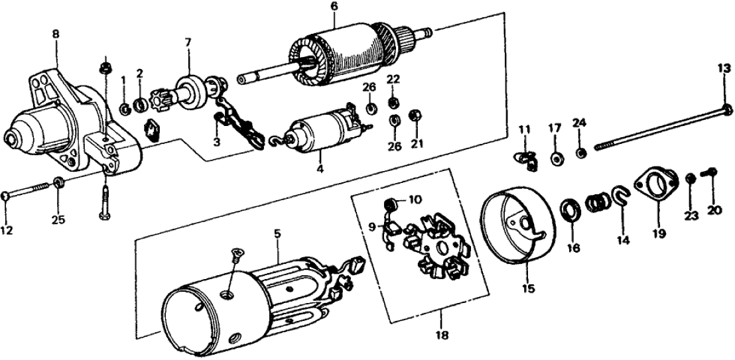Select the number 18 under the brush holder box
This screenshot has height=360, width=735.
442,335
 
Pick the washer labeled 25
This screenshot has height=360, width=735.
58,182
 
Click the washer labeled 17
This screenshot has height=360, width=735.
555,159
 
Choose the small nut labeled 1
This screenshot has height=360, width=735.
124,106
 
